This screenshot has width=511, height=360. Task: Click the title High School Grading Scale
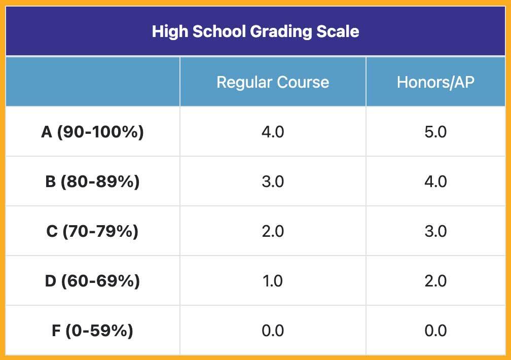point(255,31)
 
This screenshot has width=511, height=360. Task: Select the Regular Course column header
point(273,82)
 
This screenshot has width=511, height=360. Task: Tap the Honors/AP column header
point(435,82)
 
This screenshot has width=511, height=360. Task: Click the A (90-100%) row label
point(92,132)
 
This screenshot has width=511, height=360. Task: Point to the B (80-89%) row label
point(92,182)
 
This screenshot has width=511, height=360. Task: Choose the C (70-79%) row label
point(92,231)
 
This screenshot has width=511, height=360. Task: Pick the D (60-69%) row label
point(92,281)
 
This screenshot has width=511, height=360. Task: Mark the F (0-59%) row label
point(92,331)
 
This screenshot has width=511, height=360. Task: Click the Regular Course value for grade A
point(273,132)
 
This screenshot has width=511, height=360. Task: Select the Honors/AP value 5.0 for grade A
point(435,132)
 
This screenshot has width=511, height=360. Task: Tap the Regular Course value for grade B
point(273,182)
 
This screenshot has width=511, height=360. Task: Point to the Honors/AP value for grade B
point(435,182)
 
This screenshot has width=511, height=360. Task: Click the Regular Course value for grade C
point(273,231)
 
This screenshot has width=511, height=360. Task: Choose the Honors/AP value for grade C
point(435,231)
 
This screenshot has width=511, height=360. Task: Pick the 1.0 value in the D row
point(273,281)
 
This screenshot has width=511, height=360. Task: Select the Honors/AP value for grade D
point(435,281)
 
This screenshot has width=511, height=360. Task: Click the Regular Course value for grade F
point(273,331)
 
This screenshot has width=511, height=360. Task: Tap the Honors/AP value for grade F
point(435,331)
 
